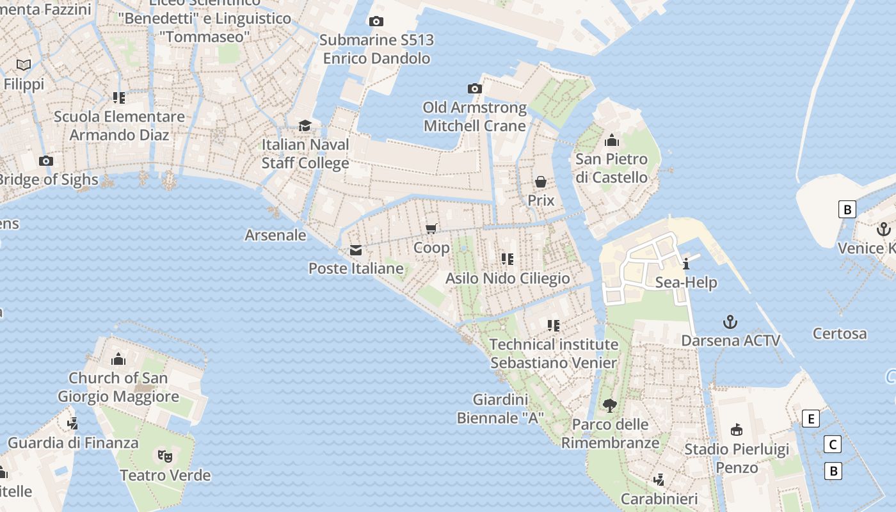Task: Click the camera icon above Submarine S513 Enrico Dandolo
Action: pyautogui.click(x=376, y=22)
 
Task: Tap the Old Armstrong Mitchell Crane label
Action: pyautogui.click(x=475, y=116)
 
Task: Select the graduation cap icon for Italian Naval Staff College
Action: pyautogui.click(x=305, y=125)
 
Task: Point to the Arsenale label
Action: pyautogui.click(x=275, y=235)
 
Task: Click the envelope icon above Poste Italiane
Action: pyautogui.click(x=356, y=250)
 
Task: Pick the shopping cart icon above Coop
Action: pyautogui.click(x=431, y=229)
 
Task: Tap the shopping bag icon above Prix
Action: pyautogui.click(x=541, y=182)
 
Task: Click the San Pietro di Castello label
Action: pyautogui.click(x=611, y=168)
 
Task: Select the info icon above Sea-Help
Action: pyautogui.click(x=686, y=264)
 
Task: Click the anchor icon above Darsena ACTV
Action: pyautogui.click(x=730, y=321)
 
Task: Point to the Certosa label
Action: pyautogui.click(x=840, y=333)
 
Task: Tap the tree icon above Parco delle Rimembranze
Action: pyautogui.click(x=610, y=405)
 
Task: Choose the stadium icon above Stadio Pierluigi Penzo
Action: pyautogui.click(x=737, y=430)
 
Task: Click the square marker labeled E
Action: pyautogui.click(x=811, y=419)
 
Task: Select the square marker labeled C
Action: pyautogui.click(x=833, y=445)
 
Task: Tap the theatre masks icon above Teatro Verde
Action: pyautogui.click(x=165, y=456)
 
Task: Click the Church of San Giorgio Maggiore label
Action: pyautogui.click(x=118, y=387)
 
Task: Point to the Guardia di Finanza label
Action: pyautogui.click(x=73, y=442)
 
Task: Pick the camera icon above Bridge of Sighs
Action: pyautogui.click(x=45, y=161)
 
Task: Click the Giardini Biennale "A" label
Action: pyautogui.click(x=500, y=409)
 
